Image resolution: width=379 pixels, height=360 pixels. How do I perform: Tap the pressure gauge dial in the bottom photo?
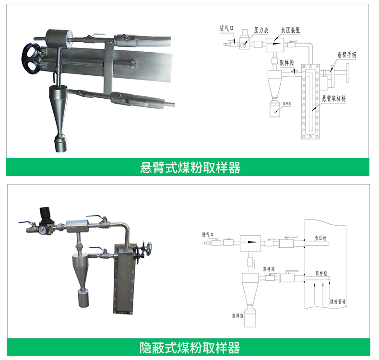pyautogui.click(x=44, y=230)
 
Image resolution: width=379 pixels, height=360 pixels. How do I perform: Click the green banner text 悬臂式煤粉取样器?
pyautogui.click(x=189, y=167)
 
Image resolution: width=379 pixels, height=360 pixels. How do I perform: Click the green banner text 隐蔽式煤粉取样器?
pyautogui.click(x=189, y=347)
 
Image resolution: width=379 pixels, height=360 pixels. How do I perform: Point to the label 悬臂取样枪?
pyautogui.click(x=333, y=98)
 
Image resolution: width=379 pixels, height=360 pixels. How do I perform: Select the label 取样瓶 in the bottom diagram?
pyautogui.click(x=238, y=316)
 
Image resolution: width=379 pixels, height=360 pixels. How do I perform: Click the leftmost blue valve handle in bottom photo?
pyautogui.click(x=24, y=222)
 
